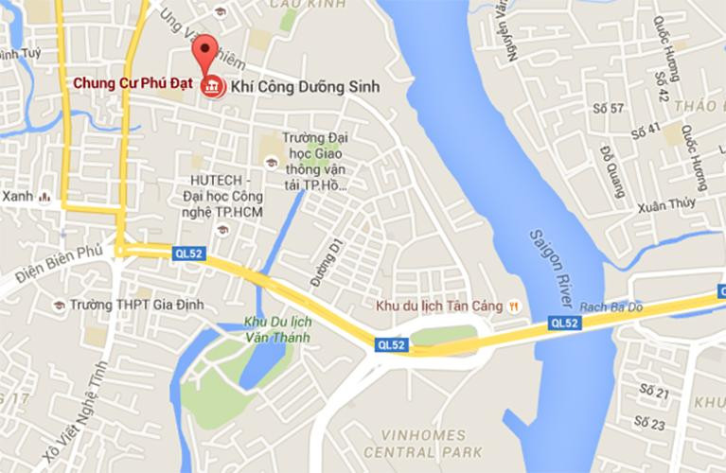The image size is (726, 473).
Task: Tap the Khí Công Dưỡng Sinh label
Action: [300, 86]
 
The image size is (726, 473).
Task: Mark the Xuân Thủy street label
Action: [666, 205]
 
